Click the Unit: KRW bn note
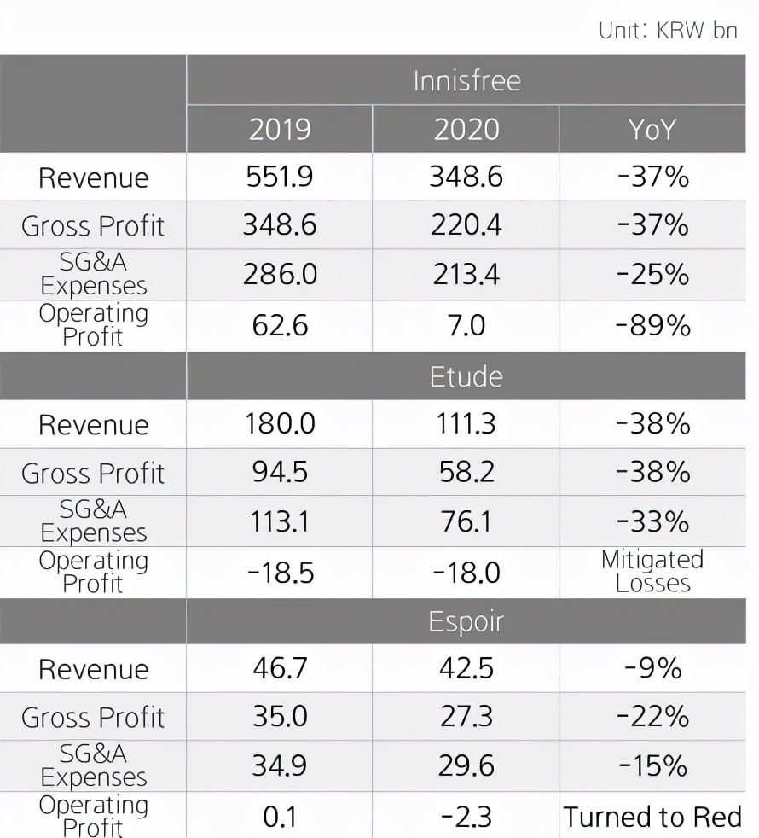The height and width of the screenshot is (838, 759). [668, 30]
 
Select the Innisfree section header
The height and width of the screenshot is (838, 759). [466, 81]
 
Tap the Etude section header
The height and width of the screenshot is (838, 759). [466, 376]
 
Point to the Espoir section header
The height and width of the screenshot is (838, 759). [466, 621]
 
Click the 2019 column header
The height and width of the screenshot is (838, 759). [280, 130]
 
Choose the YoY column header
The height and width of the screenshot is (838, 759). [652, 130]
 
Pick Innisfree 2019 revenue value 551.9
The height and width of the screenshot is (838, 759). [280, 177]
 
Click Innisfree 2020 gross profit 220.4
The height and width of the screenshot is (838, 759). [466, 225]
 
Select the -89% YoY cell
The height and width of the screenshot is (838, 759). [652, 325]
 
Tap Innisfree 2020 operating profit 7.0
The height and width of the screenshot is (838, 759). [466, 325]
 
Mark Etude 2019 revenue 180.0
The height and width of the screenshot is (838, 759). [280, 424]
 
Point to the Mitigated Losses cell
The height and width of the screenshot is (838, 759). [652, 572]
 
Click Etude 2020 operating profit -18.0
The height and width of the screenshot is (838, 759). [466, 572]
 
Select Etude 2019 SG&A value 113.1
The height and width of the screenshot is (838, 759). [280, 521]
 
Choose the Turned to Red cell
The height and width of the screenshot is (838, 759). [652, 817]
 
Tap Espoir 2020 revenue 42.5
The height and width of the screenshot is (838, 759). [466, 668]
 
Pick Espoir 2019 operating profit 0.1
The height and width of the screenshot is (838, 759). [280, 817]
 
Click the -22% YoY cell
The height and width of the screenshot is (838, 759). [652, 717]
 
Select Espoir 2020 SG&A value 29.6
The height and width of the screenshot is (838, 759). [466, 765]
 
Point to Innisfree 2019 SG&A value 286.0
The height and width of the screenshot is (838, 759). [280, 274]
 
